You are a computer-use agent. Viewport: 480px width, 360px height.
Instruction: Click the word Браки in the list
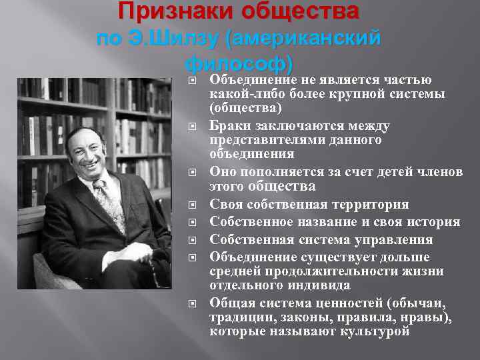(x=227, y=126)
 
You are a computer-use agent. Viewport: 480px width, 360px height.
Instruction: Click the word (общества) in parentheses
(x=246, y=107)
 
